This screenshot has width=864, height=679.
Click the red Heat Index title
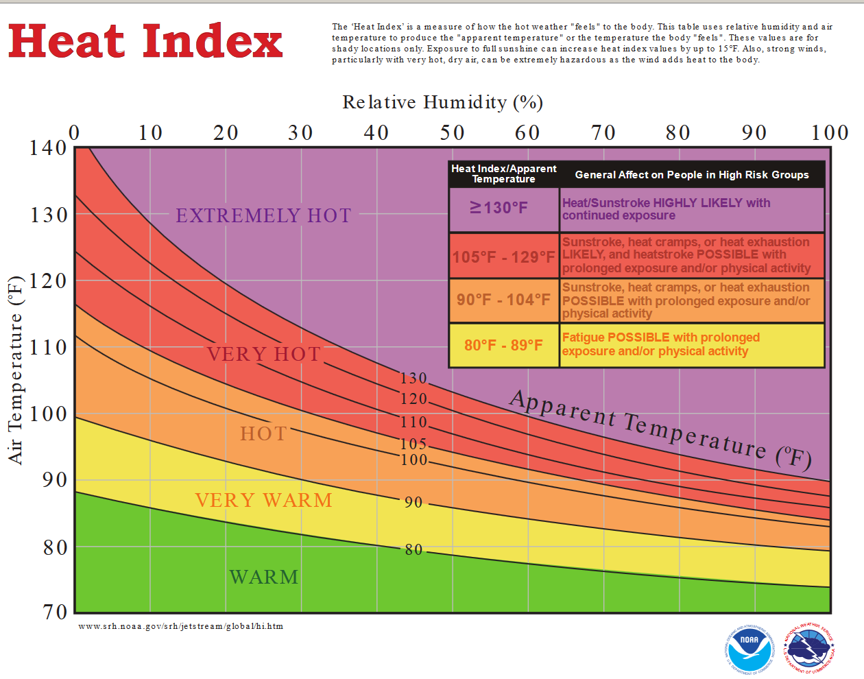pos(145,41)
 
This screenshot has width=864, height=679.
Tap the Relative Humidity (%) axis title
pos(442,102)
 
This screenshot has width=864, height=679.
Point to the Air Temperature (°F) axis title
pos(16,370)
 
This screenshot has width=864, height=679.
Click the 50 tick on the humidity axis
pos(453,132)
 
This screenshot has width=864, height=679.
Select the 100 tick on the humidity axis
pos(830,132)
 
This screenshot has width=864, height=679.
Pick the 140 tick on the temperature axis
pos(48,147)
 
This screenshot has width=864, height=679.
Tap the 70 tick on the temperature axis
pos(56,611)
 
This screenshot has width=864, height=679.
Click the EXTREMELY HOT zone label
pos(263,215)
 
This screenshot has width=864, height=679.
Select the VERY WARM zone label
pos(263,500)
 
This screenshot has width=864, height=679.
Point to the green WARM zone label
pos(264,577)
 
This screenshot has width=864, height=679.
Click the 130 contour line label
pos(413,378)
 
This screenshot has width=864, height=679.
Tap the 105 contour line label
pos(413,444)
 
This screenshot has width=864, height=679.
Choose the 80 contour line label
pos(413,549)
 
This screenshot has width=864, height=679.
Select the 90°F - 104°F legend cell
pos(503,300)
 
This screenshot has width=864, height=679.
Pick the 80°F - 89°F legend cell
pos(503,345)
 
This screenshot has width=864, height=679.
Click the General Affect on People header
pos(692,175)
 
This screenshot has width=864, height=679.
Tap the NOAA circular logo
pos(749,647)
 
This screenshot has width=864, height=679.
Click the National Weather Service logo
pos(809,647)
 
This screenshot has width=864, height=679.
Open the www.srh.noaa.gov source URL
pos(180,626)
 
